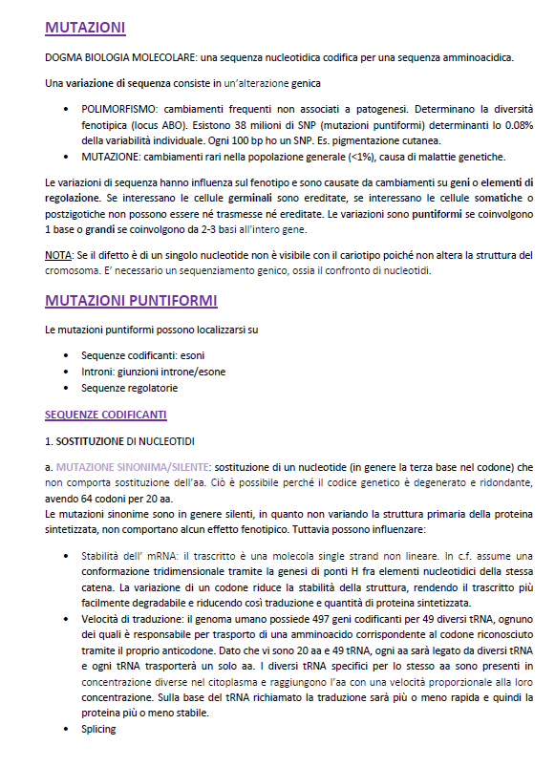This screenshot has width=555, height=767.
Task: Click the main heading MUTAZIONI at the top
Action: coord(84,27)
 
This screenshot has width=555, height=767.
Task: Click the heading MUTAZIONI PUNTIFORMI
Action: coord(131,301)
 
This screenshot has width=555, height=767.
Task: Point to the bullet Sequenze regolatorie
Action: coord(130,388)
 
